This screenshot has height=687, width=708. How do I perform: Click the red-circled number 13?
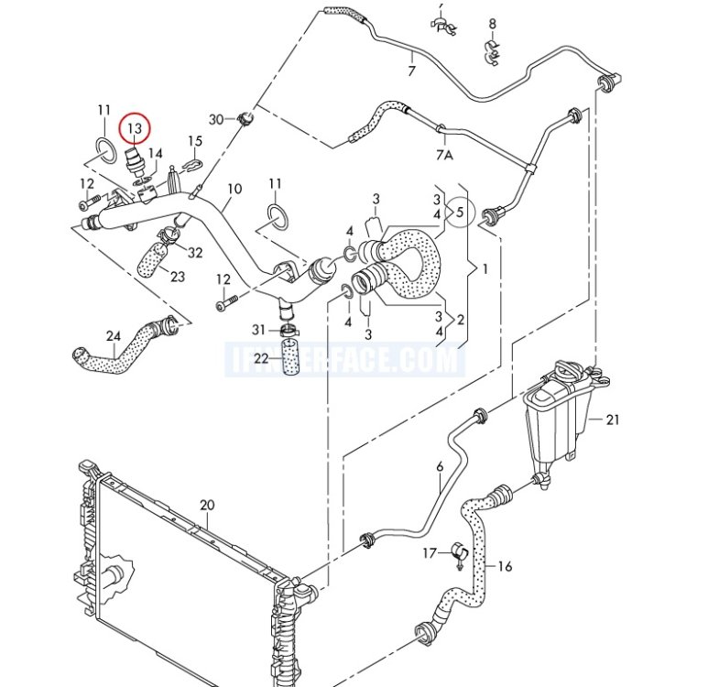click(x=135, y=128)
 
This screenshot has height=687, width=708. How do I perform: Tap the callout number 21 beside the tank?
click(x=613, y=420)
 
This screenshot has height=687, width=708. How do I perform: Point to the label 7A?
click(x=444, y=156)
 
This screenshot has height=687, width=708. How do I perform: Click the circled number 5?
click(x=461, y=213)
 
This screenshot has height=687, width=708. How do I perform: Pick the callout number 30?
click(x=216, y=119)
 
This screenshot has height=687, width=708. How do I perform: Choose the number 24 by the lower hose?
click(x=113, y=336)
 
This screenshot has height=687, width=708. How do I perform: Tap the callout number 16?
click(x=505, y=566)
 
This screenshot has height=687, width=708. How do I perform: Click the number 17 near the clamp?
click(x=430, y=553)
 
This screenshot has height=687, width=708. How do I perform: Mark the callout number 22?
click(x=261, y=358)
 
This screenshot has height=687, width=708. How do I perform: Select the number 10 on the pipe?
click(x=234, y=190)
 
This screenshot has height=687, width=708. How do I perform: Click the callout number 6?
click(x=439, y=468)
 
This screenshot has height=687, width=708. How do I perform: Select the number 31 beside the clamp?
click(x=258, y=329)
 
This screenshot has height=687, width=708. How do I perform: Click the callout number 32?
click(x=195, y=253)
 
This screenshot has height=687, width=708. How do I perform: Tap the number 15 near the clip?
click(x=195, y=141)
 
